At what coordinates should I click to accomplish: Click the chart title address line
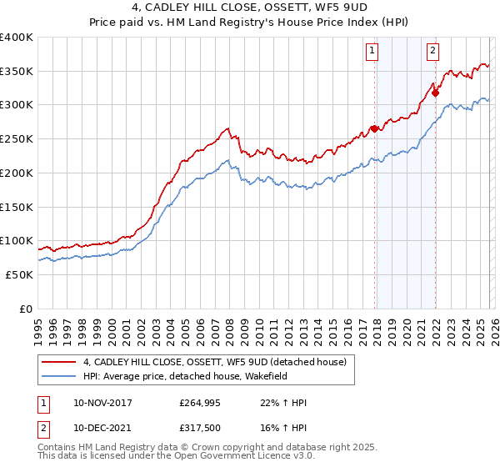250,8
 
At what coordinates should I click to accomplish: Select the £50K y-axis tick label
19,274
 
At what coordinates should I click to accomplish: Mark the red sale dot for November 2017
375,128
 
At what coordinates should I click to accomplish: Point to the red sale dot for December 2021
435,93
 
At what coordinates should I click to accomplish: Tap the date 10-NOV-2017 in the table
102,403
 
